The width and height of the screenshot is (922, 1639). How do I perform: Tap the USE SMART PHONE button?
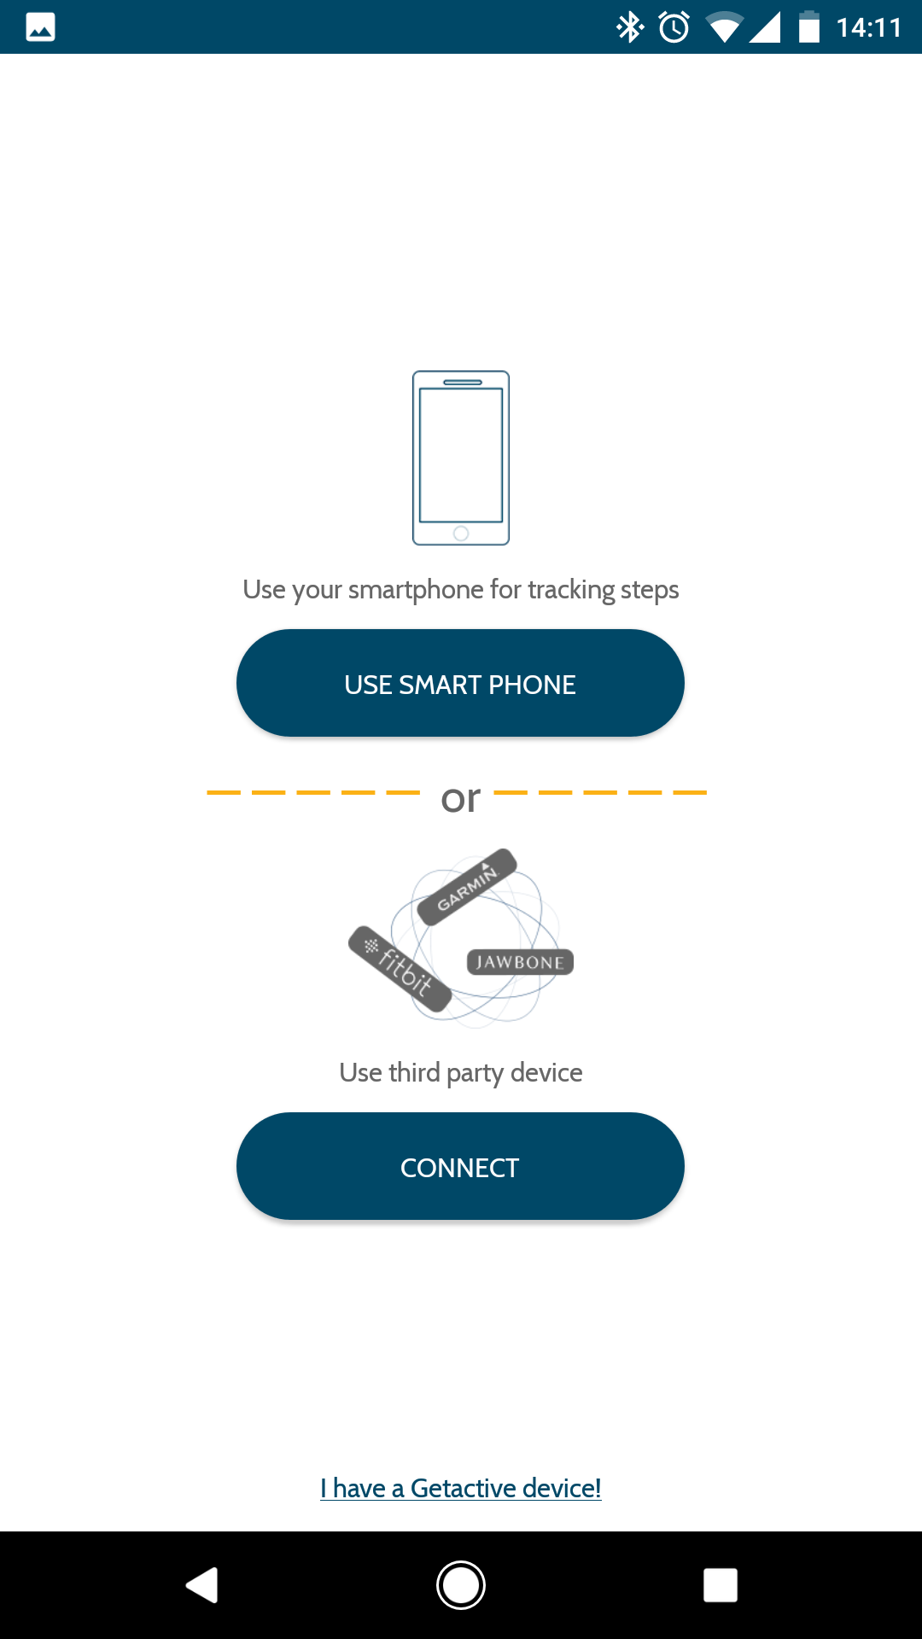[460, 683]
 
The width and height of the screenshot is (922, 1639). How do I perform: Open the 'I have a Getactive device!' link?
[461, 1488]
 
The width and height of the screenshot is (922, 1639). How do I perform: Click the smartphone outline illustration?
[461, 458]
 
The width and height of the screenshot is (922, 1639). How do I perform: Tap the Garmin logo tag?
[467, 887]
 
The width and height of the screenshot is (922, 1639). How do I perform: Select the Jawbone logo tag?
[520, 962]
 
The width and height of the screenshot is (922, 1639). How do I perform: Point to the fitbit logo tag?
[400, 969]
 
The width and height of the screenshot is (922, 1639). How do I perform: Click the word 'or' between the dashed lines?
[461, 799]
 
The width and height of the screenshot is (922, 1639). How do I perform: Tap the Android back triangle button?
[202, 1585]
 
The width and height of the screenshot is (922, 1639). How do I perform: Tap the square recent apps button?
[721, 1585]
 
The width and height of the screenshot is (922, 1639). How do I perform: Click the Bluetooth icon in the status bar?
[630, 27]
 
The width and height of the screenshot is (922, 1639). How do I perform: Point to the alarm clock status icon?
[674, 27]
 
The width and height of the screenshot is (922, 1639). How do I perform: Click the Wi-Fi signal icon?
[724, 27]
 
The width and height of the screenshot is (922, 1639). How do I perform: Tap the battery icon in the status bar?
[809, 27]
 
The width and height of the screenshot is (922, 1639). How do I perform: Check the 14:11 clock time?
[869, 27]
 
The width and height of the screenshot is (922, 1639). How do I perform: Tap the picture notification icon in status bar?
[40, 27]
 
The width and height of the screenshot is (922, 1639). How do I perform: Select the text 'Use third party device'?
[461, 1073]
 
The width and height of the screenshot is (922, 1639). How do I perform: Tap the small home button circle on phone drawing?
[461, 534]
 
